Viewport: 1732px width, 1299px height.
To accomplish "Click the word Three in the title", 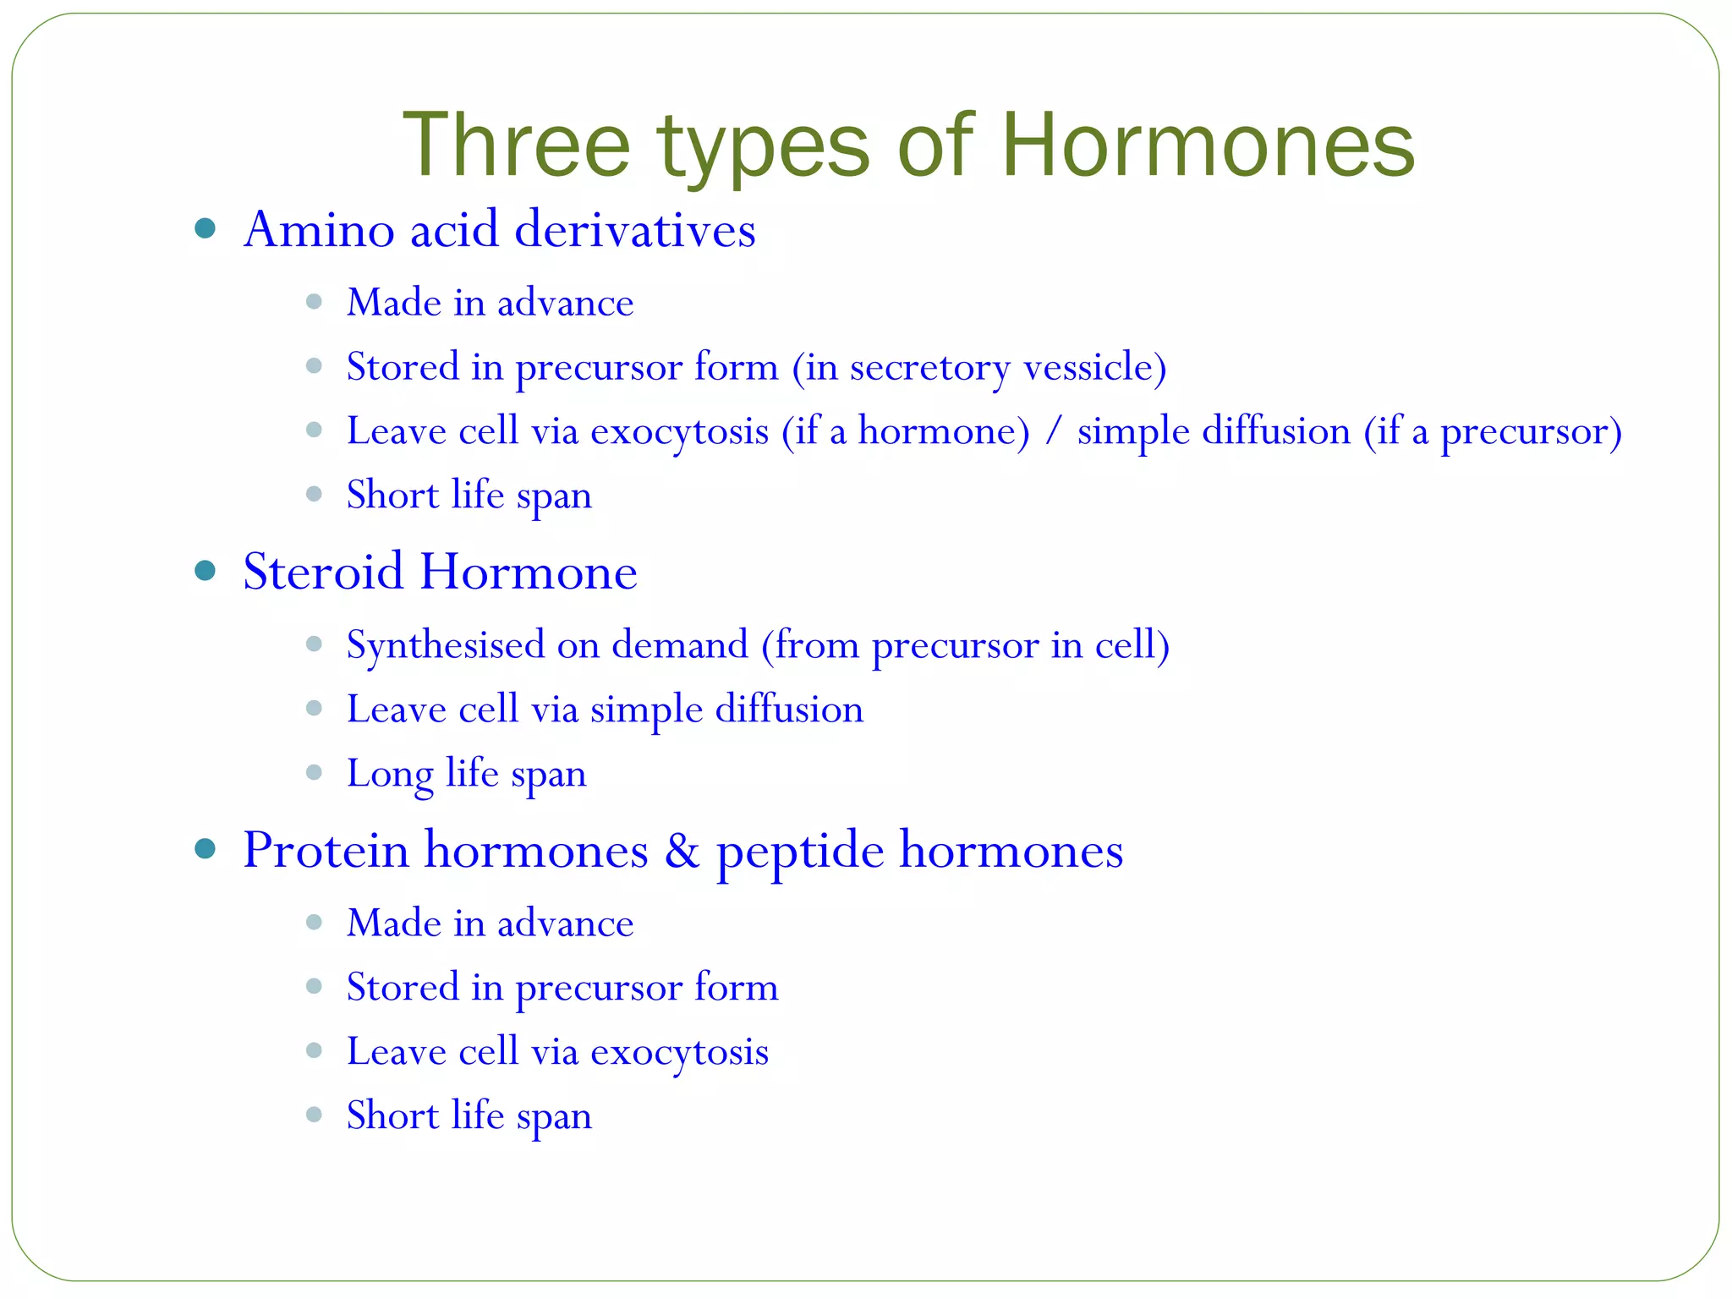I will pos(517,145).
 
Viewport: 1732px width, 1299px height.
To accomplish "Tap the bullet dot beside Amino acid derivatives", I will pos(205,228).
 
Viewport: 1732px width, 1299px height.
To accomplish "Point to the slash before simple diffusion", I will pos(1053,431).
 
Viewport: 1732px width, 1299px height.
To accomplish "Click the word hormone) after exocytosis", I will pos(944,431).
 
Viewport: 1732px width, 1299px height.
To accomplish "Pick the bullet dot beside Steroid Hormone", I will pos(205,571).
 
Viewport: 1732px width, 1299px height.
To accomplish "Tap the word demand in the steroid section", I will pos(680,645).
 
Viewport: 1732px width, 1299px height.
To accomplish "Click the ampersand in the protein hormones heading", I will pos(682,850).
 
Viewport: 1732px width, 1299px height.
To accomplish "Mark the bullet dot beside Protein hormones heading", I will pos(205,849).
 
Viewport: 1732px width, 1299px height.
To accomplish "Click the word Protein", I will pos(326,849).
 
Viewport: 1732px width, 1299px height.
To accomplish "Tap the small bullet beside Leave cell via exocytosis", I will pos(314,1050).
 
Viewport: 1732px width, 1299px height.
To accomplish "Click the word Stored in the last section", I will pos(402,987).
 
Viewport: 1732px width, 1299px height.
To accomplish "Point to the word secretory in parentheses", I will pos(929,368).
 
